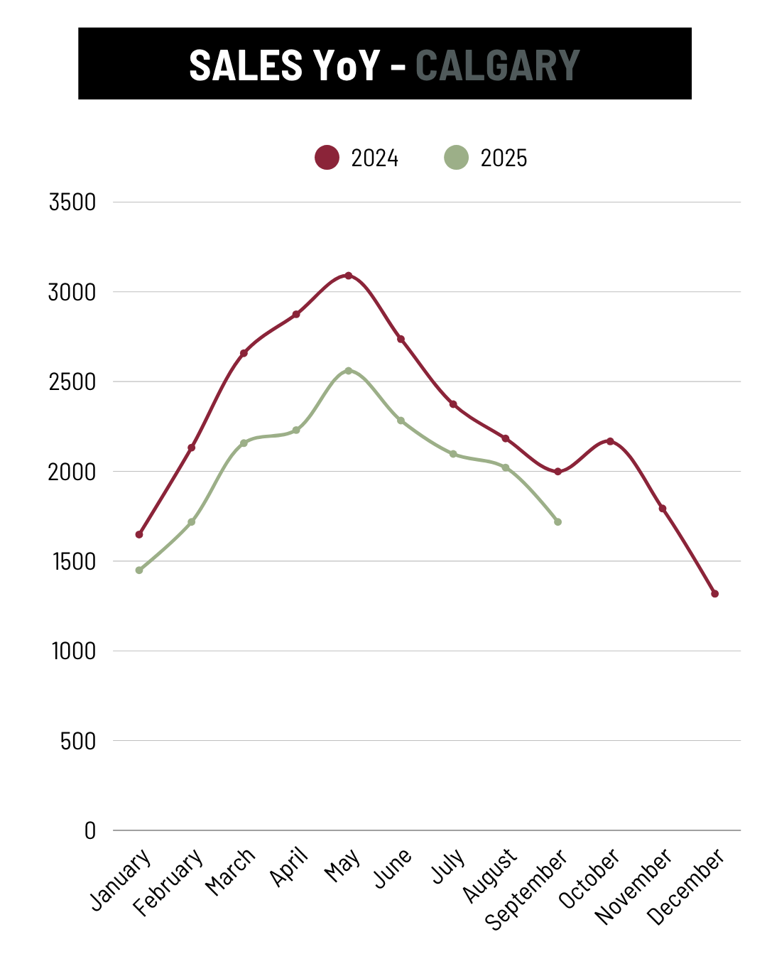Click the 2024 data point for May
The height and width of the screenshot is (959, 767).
pyautogui.click(x=348, y=276)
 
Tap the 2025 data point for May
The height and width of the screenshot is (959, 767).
pyautogui.click(x=348, y=371)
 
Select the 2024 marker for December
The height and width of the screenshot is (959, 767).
pyautogui.click(x=714, y=594)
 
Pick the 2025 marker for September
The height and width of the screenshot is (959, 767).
pyautogui.click(x=557, y=522)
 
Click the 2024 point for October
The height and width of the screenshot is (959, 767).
pyautogui.click(x=610, y=441)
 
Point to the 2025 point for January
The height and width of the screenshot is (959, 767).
pyautogui.click(x=139, y=570)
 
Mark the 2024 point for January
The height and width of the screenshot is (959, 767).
pyautogui.click(x=139, y=534)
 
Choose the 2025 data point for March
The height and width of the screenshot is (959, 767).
pyautogui.click(x=244, y=443)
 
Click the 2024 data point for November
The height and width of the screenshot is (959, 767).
pyautogui.click(x=663, y=509)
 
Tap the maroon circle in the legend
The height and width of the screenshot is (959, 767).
pyautogui.click(x=327, y=158)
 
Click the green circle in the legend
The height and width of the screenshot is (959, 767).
pyautogui.click(x=456, y=158)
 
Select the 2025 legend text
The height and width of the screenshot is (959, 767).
pyautogui.click(x=504, y=158)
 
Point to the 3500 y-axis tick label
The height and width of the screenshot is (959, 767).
pyautogui.click(x=72, y=202)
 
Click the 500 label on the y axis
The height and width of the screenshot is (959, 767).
pyautogui.click(x=77, y=742)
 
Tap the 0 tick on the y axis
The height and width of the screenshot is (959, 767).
pyautogui.click(x=89, y=831)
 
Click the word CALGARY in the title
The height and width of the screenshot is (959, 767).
pyautogui.click(x=497, y=65)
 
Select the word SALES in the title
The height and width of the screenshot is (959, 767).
pyautogui.click(x=246, y=65)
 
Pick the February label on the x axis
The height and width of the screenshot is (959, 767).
pyautogui.click(x=169, y=882)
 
